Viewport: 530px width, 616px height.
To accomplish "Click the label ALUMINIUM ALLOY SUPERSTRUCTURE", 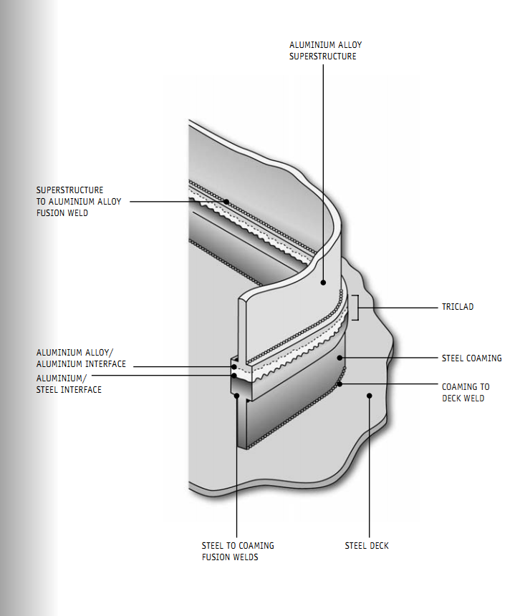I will (x=325, y=50).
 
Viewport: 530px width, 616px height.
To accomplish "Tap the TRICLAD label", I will (x=457, y=307).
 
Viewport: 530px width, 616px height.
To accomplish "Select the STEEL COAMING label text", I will (x=472, y=358).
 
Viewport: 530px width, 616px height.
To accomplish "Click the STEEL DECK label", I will (x=367, y=545).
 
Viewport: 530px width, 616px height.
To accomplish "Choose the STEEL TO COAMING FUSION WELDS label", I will (x=238, y=550).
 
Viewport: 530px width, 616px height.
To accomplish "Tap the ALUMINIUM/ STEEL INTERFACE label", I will (x=69, y=385).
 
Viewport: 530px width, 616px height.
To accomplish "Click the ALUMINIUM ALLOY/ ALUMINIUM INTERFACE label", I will (x=81, y=358).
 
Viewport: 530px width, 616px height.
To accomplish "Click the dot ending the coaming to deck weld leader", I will (x=340, y=385).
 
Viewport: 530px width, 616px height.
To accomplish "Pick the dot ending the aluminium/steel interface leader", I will (x=234, y=375).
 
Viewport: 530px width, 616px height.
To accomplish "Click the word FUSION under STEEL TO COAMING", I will (x=216, y=557).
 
